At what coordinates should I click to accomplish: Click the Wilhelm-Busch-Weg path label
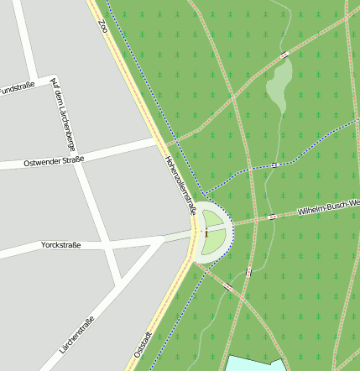click(x=328, y=207)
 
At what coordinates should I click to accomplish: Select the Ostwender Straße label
click(x=55, y=160)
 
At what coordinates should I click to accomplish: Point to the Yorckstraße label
click(x=60, y=245)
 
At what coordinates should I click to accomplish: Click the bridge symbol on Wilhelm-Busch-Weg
click(x=272, y=217)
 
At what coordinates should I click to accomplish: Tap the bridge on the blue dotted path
click(x=274, y=165)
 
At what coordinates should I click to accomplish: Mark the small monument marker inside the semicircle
click(x=206, y=233)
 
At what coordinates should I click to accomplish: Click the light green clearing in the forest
click(x=279, y=83)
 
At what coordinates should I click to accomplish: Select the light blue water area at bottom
click(x=256, y=363)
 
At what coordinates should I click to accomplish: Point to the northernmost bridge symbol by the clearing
click(x=284, y=55)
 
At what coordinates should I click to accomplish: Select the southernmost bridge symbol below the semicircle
click(x=228, y=288)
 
